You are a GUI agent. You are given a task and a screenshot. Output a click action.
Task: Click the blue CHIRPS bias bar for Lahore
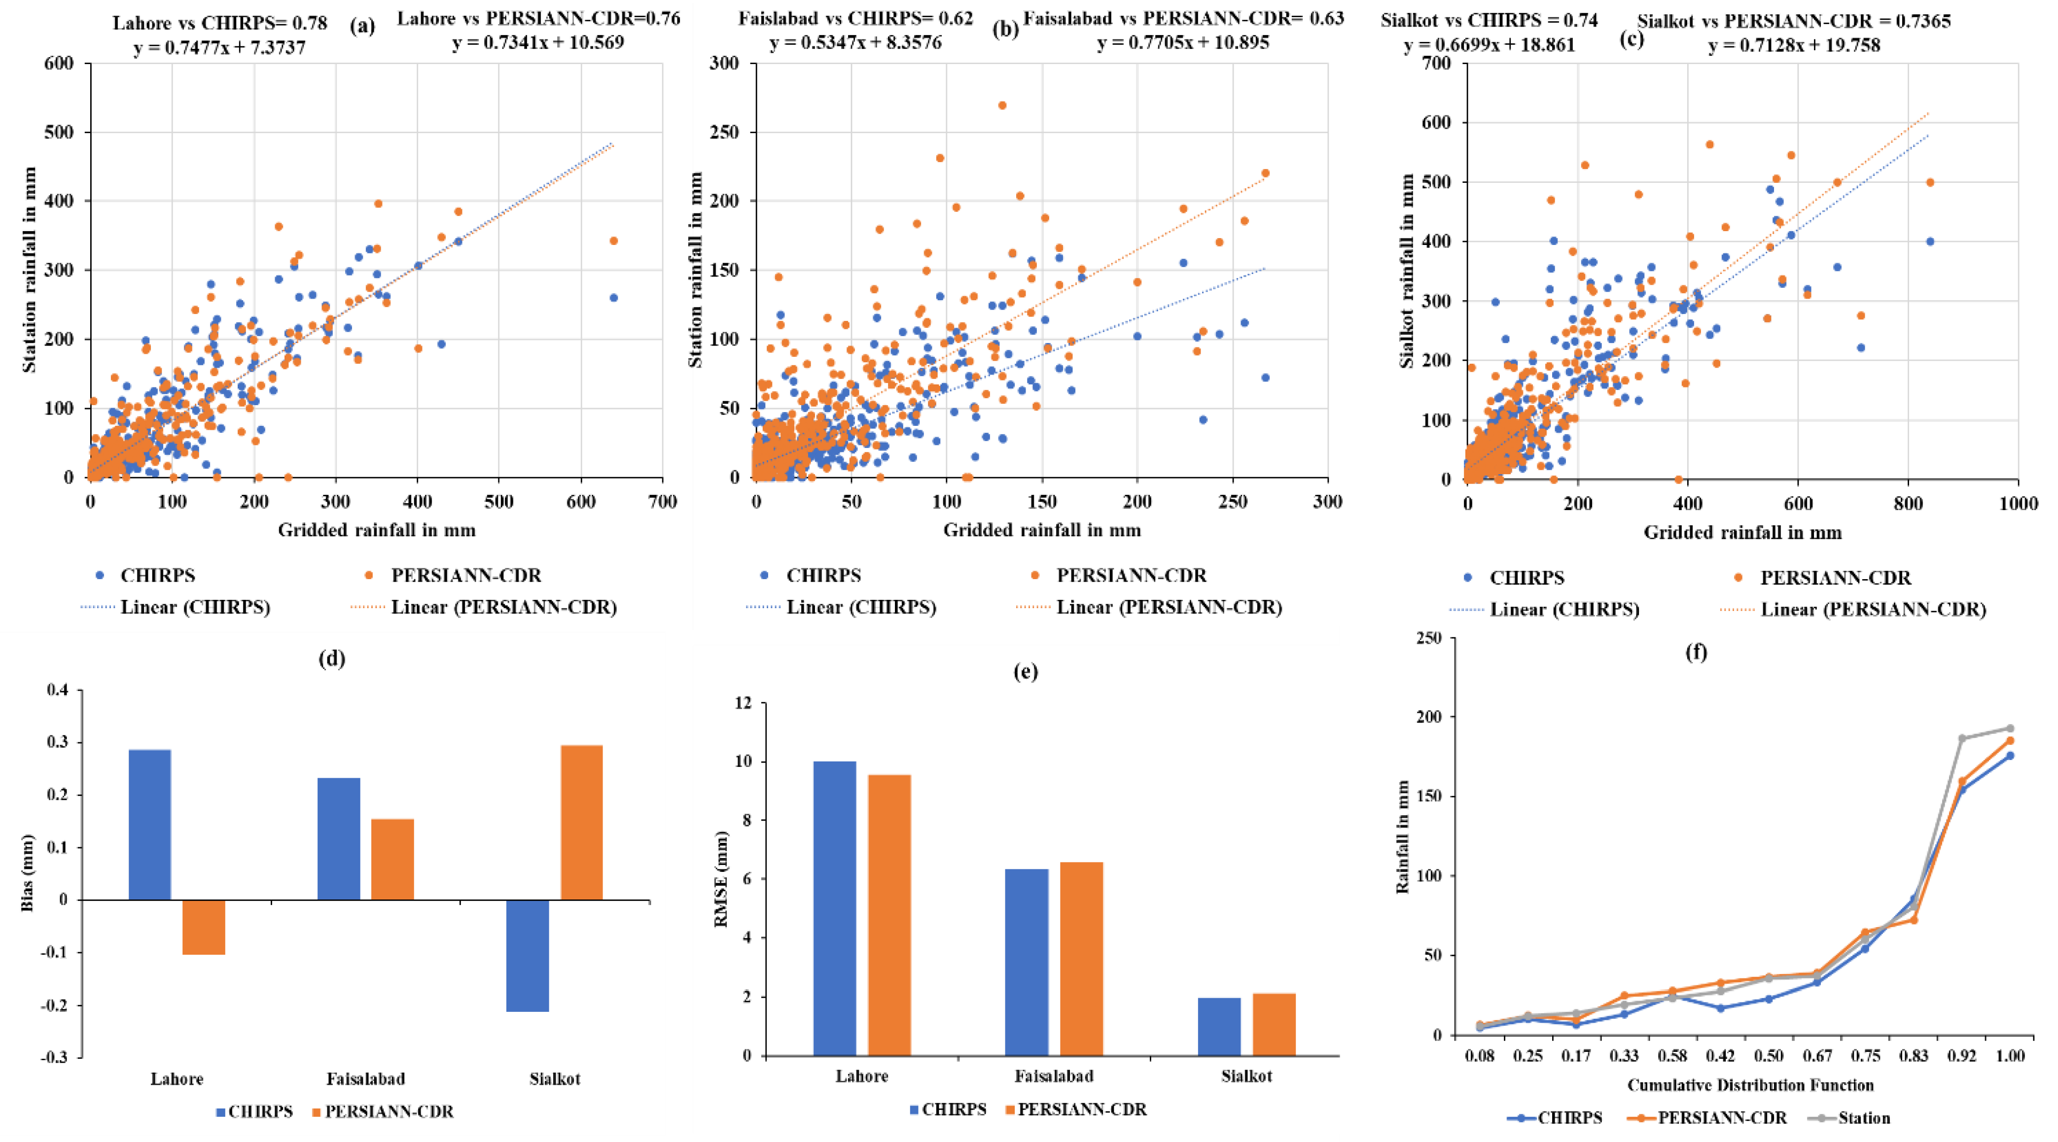(149, 824)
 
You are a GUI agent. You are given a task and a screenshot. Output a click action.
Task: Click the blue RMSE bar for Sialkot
(1219, 1026)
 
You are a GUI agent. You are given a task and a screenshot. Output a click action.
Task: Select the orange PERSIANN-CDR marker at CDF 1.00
(2010, 740)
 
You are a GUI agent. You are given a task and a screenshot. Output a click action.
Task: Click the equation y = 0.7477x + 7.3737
(220, 48)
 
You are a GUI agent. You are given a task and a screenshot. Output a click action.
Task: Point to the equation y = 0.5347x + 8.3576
(855, 42)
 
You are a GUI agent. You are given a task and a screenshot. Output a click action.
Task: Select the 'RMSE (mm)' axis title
(721, 878)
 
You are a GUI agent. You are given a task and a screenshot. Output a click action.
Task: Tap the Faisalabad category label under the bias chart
(366, 1079)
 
